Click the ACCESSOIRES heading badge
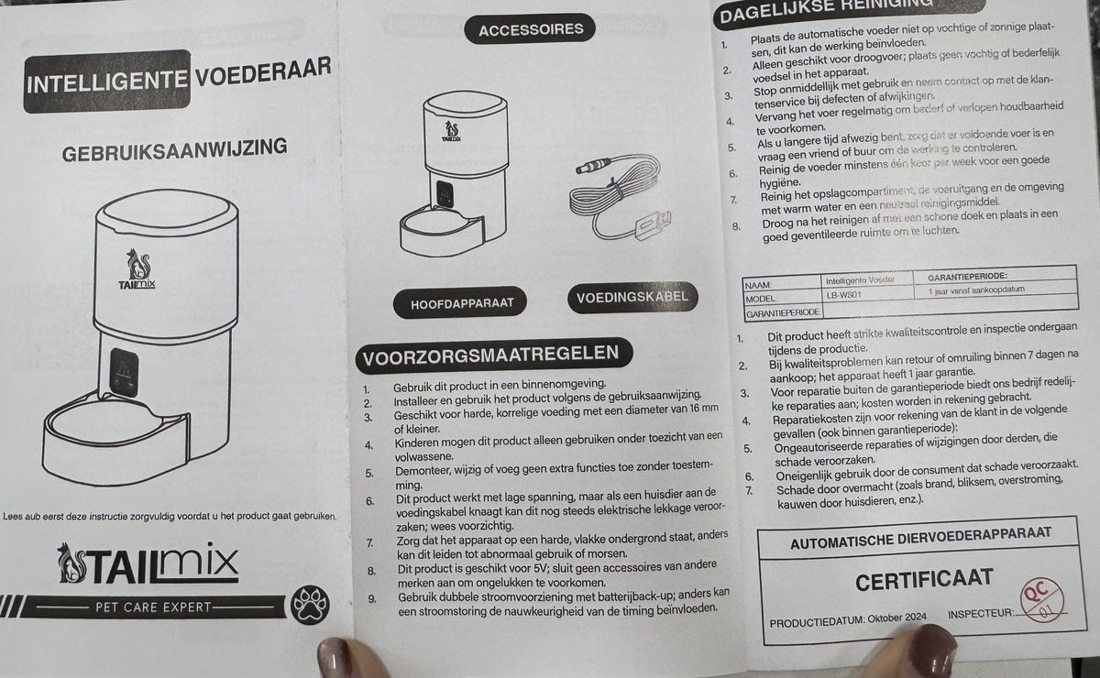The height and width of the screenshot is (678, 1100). (x=530, y=29)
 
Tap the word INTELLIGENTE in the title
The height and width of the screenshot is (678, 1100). (x=106, y=82)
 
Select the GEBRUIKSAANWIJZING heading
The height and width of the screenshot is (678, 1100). (x=174, y=149)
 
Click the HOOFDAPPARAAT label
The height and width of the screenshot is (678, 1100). (x=460, y=303)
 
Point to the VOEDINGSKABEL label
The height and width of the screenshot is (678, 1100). (x=632, y=297)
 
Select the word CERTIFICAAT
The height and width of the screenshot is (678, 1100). (x=924, y=581)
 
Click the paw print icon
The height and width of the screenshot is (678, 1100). (x=310, y=605)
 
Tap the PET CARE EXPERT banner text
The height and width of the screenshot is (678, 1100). (x=153, y=607)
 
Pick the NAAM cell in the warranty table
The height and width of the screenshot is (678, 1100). (x=759, y=285)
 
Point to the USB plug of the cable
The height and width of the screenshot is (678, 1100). (x=652, y=224)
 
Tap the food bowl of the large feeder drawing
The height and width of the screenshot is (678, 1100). (x=114, y=426)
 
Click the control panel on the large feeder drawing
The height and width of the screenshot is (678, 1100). (x=123, y=373)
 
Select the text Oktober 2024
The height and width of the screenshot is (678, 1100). (x=896, y=618)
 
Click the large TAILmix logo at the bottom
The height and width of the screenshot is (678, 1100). (x=148, y=563)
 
